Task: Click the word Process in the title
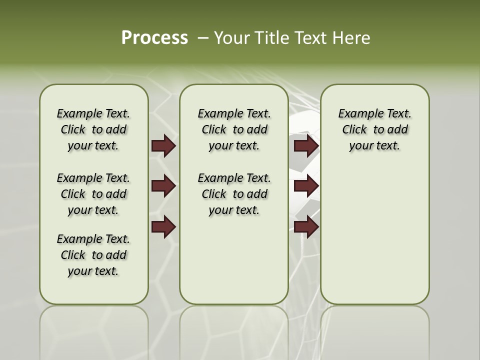(154, 38)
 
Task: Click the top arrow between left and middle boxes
(163, 145)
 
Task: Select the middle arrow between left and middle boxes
(163, 186)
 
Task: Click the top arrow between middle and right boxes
(306, 145)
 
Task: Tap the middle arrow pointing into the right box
(306, 186)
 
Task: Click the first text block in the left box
(93, 129)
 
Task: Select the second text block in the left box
(93, 194)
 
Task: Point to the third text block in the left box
(93, 255)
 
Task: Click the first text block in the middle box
(234, 129)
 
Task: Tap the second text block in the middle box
(234, 194)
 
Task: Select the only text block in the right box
(375, 129)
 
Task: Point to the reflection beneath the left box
(94, 325)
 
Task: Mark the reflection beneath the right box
(375, 325)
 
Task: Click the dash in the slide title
(203, 38)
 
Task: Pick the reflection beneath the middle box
(234, 325)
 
